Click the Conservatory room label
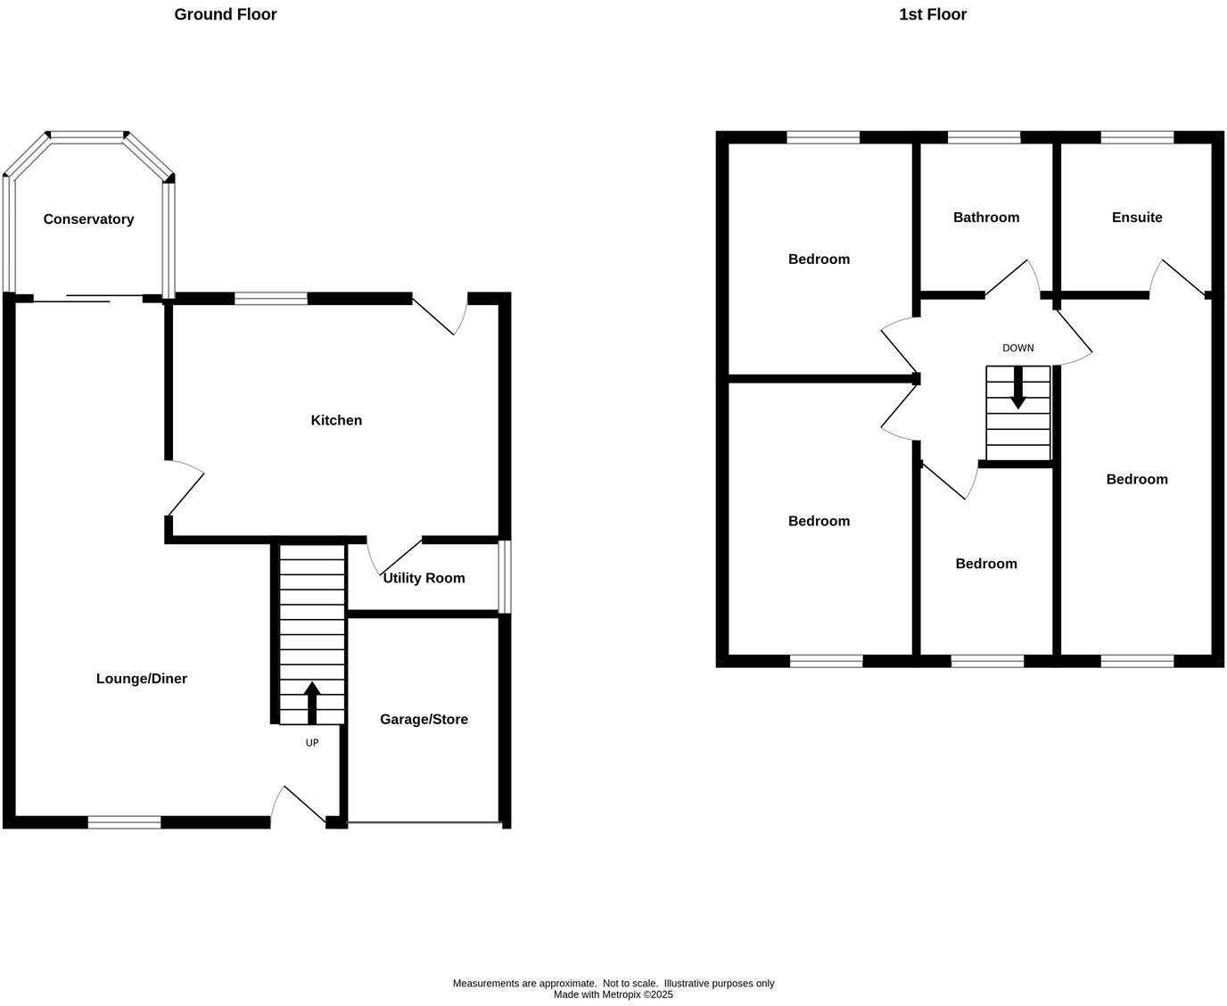(x=88, y=219)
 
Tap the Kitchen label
(x=336, y=420)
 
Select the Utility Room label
(x=424, y=578)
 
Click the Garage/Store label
(x=424, y=720)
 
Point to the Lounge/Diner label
(x=142, y=679)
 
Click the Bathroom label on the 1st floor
(x=985, y=218)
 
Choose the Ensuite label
(x=1137, y=218)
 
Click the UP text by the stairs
(x=312, y=742)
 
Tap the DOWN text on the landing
(x=1017, y=348)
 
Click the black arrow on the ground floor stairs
(x=312, y=703)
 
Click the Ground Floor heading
(x=226, y=14)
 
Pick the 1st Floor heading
(x=933, y=14)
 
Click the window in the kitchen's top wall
(x=271, y=299)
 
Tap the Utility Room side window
(x=505, y=576)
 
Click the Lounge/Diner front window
(x=125, y=822)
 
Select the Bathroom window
(x=984, y=137)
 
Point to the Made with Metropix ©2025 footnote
(x=613, y=994)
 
